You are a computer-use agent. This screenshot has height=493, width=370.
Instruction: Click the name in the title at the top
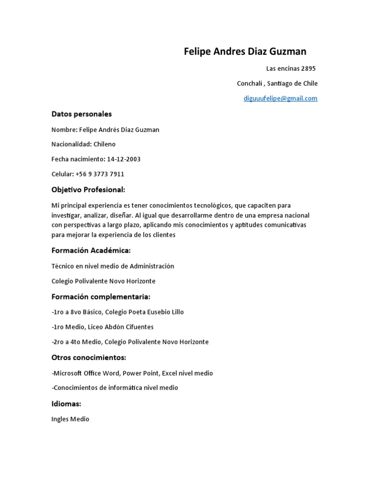click(245, 52)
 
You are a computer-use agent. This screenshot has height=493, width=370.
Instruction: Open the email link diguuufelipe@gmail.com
click(280, 99)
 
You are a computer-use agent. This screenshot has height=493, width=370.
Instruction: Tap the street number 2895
click(308, 68)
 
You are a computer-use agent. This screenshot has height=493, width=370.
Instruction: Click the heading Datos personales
click(81, 114)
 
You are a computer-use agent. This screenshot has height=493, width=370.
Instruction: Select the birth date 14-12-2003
click(124, 159)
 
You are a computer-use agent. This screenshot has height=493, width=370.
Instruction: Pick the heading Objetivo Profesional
click(88, 190)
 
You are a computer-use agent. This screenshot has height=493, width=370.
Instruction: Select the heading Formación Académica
click(91, 251)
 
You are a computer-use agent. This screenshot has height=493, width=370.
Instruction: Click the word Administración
click(152, 266)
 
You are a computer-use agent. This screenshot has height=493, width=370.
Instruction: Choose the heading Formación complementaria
click(101, 297)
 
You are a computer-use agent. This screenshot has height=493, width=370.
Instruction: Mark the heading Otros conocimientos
click(89, 358)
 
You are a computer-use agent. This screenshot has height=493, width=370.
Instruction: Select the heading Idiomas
click(66, 403)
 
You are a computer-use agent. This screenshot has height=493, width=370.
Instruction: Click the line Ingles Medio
click(70, 419)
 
